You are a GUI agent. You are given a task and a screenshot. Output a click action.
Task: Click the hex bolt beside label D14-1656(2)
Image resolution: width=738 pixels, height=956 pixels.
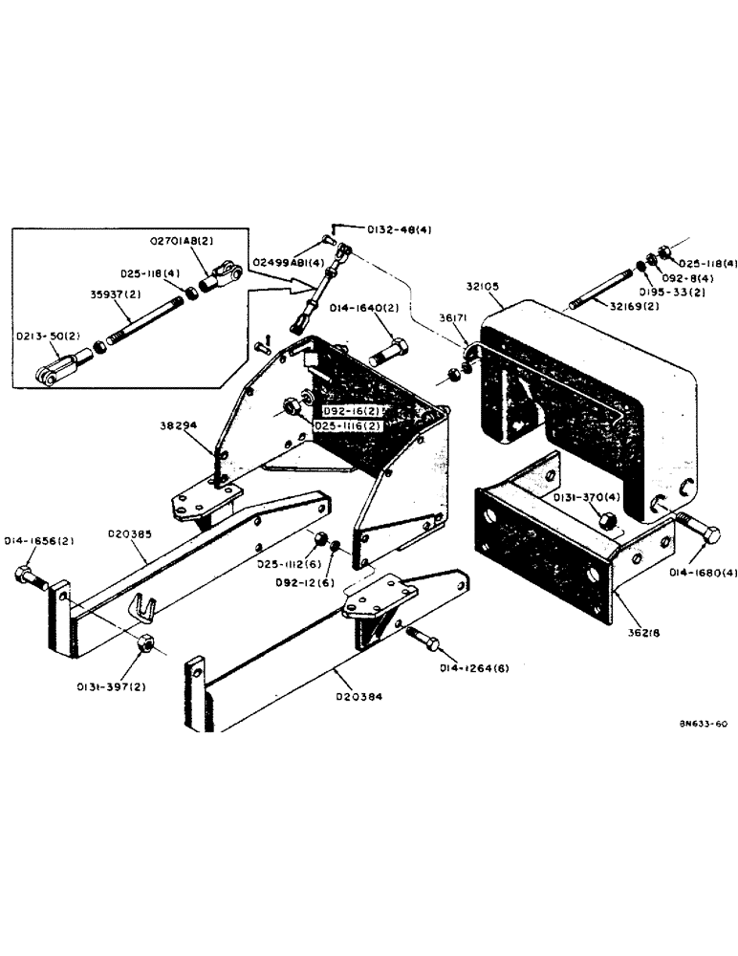30,576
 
